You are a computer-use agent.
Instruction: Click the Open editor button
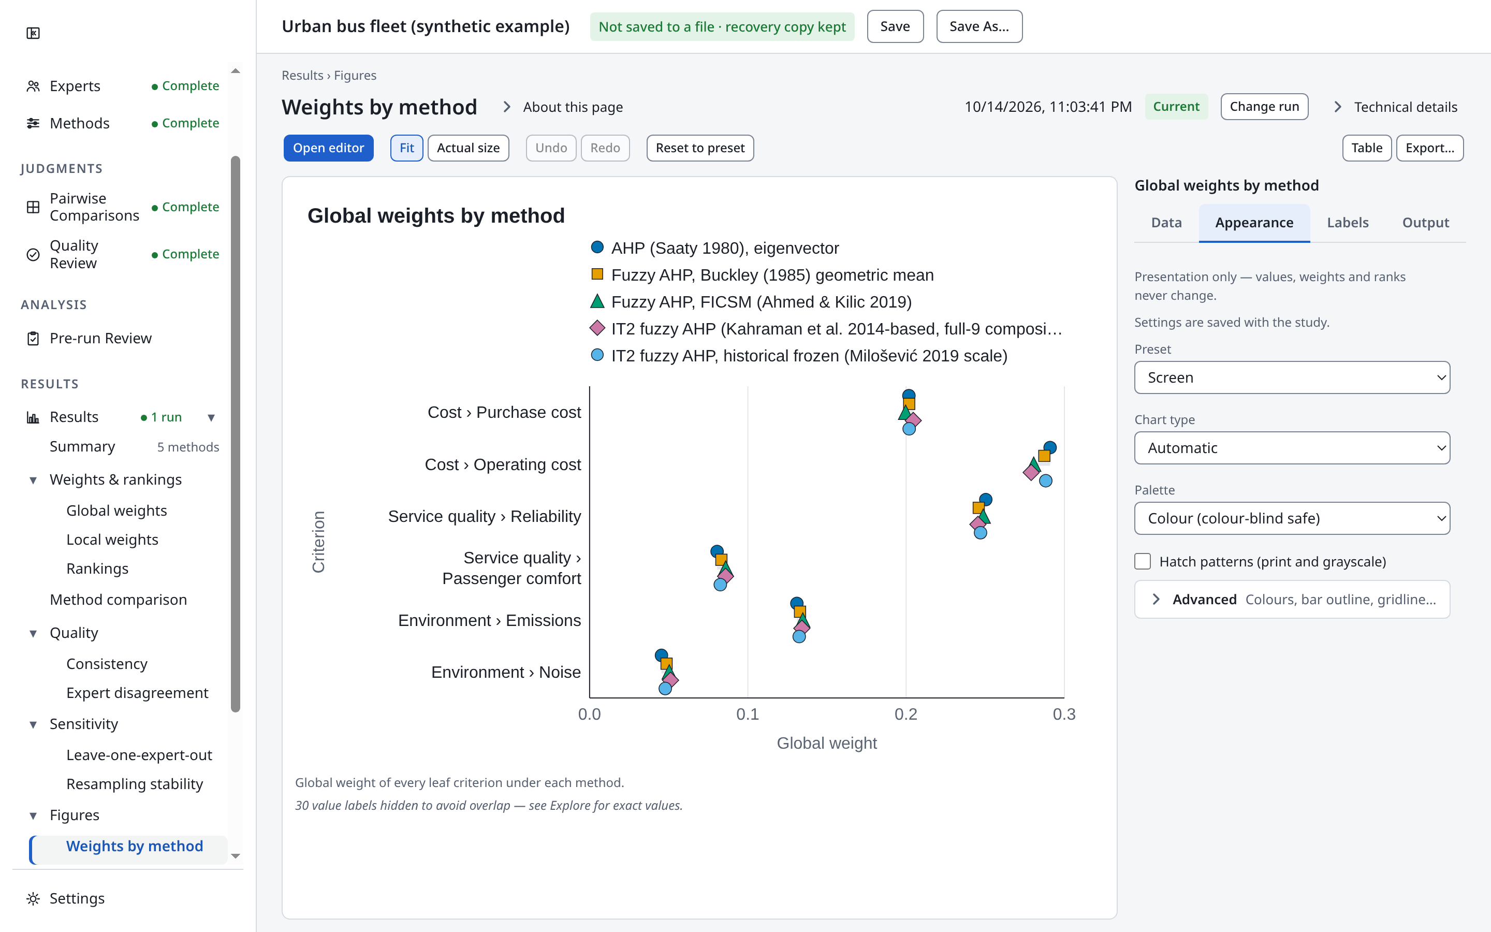(328, 148)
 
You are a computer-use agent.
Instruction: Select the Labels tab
(1348, 223)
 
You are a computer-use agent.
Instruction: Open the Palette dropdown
(1292, 518)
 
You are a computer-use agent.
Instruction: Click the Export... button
(1429, 148)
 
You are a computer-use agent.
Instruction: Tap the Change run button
(1264, 107)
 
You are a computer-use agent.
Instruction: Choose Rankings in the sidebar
(97, 569)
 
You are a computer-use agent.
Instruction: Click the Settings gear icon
(33, 899)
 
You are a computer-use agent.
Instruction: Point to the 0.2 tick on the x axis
(905, 715)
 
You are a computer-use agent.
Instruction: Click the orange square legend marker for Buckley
(597, 274)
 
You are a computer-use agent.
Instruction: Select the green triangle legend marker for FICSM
(597, 301)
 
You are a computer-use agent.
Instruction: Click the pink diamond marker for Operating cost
(1031, 473)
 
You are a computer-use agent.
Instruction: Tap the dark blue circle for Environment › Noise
(661, 655)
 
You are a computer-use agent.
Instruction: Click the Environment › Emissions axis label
(489, 620)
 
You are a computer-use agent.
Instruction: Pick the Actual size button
(468, 148)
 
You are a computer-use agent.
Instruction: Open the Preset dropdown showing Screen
(1292, 377)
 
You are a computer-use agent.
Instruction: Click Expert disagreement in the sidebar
(137, 693)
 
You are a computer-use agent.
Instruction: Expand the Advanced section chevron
(1157, 600)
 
